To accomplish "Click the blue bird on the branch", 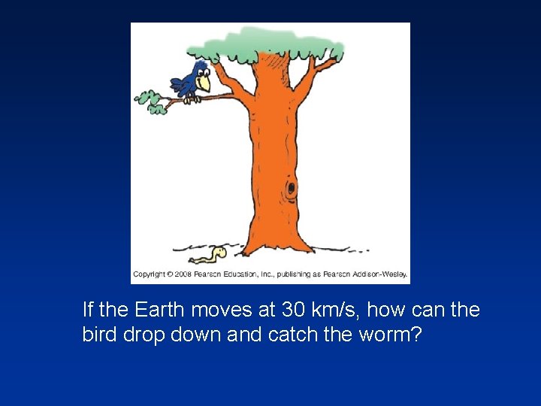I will point(192,81).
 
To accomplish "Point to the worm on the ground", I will point(210,256).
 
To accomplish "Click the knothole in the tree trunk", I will point(290,189).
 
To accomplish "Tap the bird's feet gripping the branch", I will point(193,98).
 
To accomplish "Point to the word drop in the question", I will point(144,333).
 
